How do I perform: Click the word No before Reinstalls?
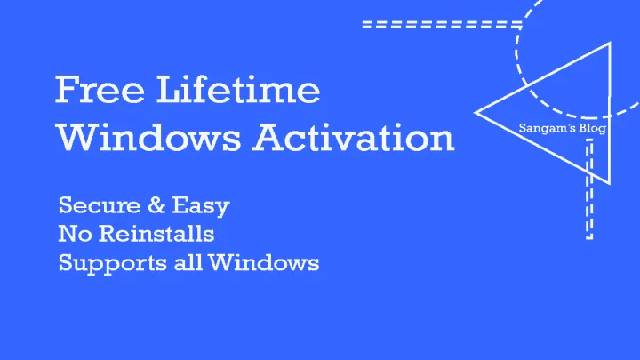coord(71,235)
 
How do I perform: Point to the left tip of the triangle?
coord(477,112)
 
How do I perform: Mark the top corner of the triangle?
coord(607,43)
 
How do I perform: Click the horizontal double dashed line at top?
coord(440,24)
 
